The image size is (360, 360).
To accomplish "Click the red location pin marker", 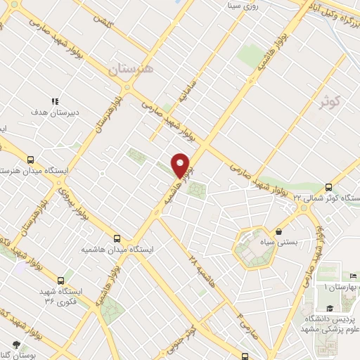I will point(181,165).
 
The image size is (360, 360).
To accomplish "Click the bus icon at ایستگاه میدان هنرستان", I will point(30,160).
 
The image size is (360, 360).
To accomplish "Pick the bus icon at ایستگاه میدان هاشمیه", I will point(117,238).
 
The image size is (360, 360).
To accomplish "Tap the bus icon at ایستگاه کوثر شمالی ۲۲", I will point(329,187).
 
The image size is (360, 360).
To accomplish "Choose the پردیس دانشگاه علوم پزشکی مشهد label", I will point(330,323).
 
